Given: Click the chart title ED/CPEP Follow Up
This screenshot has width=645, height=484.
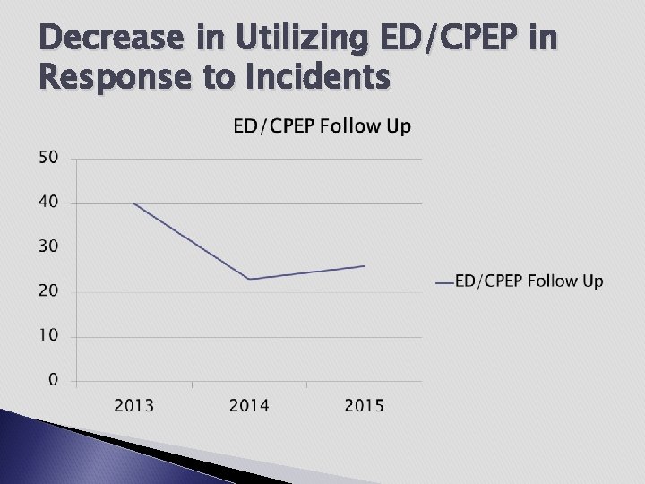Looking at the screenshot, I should (x=322, y=126).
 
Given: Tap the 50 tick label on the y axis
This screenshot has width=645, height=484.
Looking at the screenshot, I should (x=48, y=158).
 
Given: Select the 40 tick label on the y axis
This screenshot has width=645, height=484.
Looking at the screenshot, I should (x=48, y=203).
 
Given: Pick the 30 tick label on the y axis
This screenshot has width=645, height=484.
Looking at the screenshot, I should (x=48, y=246).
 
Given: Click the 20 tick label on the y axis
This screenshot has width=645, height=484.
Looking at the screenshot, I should (x=48, y=291).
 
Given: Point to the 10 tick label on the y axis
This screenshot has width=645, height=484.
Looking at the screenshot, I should (x=48, y=336).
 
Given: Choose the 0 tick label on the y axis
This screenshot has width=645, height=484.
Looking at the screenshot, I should (x=53, y=380).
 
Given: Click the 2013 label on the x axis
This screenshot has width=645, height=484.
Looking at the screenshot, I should (x=133, y=406).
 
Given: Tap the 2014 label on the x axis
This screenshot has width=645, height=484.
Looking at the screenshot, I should (x=249, y=406).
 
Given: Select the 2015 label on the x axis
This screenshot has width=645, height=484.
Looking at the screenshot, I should (x=365, y=406).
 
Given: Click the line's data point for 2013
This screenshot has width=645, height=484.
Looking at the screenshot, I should (x=134, y=203).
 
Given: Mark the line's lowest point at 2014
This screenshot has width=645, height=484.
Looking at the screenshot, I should (x=249, y=280).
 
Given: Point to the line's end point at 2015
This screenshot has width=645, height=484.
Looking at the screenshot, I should (x=365, y=266).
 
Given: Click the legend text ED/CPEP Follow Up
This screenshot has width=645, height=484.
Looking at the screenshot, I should (x=529, y=281).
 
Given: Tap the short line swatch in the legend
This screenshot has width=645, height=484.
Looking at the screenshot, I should (x=443, y=282).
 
